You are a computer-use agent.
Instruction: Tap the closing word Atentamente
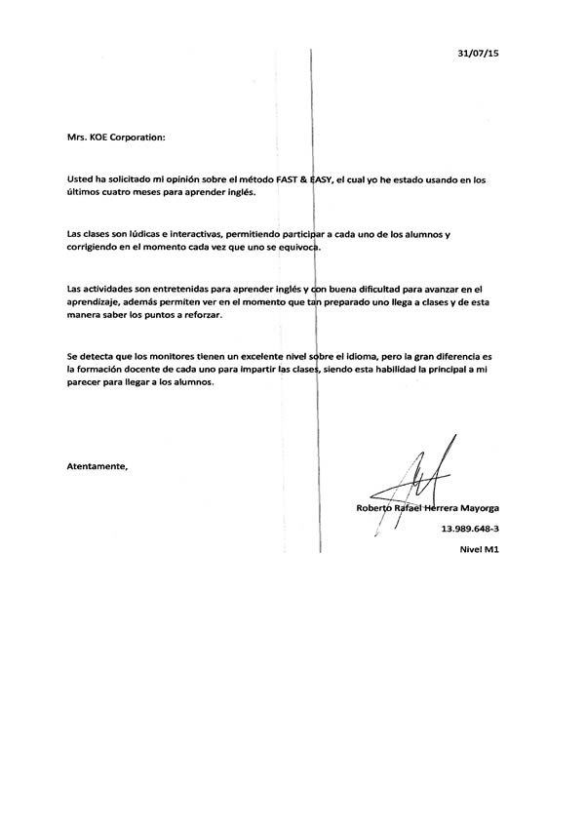click(x=98, y=466)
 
